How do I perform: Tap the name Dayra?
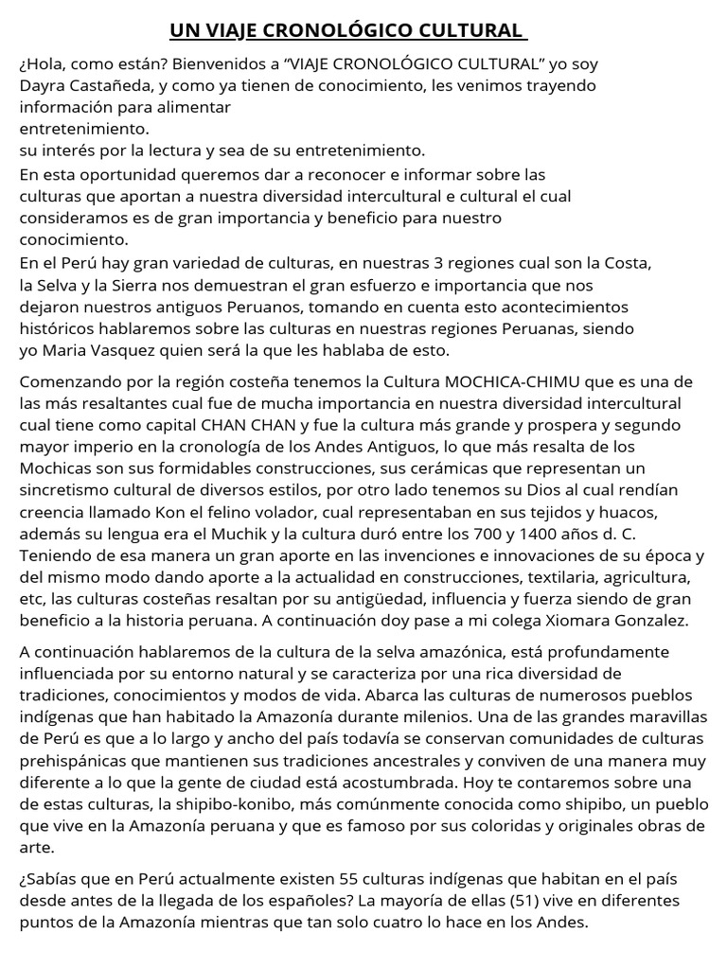pos(44,84)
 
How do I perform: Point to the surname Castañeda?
pos(112,84)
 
